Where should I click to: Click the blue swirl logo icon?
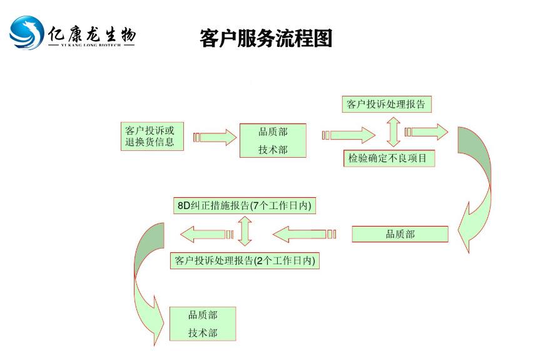coord(27,33)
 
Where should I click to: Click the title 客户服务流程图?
coord(266,38)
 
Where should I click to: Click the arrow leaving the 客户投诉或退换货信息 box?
coord(212,137)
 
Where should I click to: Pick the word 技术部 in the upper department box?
coord(273,150)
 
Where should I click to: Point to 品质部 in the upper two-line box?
coord(273,131)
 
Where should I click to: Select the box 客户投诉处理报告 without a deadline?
coord(386,105)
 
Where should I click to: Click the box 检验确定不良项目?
coord(388,158)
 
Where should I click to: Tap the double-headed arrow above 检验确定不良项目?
coord(393,131)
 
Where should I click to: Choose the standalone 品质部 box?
coord(400,234)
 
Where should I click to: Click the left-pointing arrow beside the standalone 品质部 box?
coord(304,235)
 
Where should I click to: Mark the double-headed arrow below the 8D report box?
coord(245,232)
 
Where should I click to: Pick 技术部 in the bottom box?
coord(203,333)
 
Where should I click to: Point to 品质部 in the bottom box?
coord(203,315)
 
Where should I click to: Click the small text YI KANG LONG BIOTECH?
coord(91,46)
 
